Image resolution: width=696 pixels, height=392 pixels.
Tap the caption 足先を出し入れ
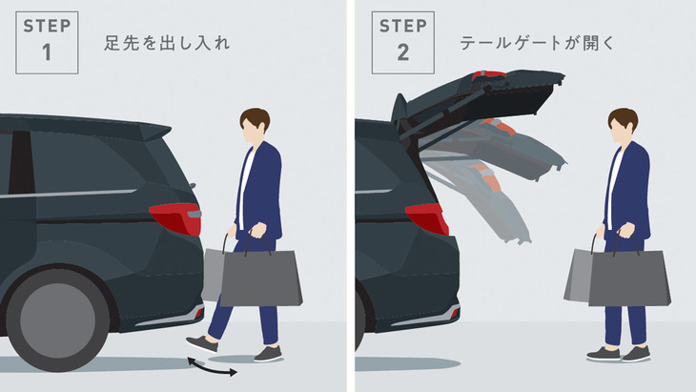pos(167,43)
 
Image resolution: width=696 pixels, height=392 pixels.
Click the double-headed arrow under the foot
pos(211,366)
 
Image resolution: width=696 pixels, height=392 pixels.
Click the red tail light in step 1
pos(177,218)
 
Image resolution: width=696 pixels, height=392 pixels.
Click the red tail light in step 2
pos(427,218)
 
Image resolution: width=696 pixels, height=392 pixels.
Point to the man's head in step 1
pos(255,125)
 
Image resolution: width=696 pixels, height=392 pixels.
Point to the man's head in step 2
pos(623,125)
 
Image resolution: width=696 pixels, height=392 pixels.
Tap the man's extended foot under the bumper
pos(201,344)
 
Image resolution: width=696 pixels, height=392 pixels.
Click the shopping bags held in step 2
pos(618,279)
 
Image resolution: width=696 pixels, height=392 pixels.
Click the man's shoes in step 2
pos(620,354)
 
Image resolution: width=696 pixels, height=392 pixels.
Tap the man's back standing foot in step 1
pos(267,354)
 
